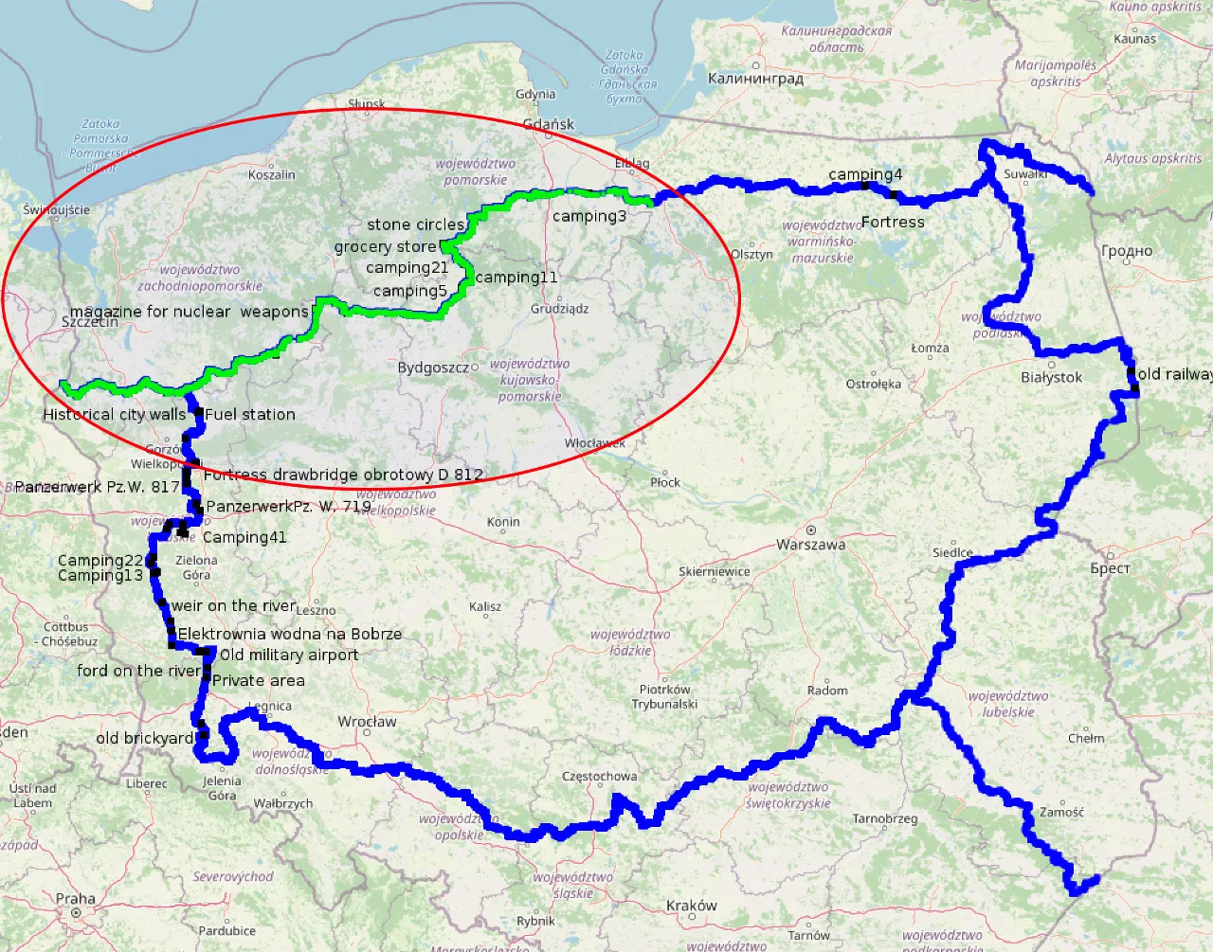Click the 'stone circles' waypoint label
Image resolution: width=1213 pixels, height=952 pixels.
point(416,225)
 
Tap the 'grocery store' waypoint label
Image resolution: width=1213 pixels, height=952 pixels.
point(385,247)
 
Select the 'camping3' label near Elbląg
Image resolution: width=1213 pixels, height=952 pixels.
point(589,216)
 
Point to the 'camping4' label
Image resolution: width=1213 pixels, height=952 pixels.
point(865,174)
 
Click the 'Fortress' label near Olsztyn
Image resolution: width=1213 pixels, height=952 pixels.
point(893,222)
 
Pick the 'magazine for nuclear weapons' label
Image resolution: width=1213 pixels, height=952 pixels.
point(190,312)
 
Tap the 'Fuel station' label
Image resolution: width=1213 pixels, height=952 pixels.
point(250,414)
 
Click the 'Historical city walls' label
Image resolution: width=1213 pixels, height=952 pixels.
point(115,414)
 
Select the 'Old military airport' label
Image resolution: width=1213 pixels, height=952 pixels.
point(289,655)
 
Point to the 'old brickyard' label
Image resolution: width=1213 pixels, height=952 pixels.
point(145,738)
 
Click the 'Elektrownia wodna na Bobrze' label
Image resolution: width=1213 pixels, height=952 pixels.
point(290,634)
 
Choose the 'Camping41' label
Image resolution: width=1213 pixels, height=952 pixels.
point(244,537)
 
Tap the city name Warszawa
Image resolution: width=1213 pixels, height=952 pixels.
point(810,544)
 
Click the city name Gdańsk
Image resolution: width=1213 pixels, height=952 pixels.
point(549,124)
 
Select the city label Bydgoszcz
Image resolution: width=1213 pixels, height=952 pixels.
point(433,368)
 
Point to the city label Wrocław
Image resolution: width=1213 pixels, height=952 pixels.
point(367,722)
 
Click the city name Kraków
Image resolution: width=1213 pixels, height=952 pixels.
point(692,906)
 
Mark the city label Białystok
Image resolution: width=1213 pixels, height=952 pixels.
point(1052,377)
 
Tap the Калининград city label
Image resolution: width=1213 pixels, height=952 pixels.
point(755,79)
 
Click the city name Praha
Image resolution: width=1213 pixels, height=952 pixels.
point(75,898)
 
